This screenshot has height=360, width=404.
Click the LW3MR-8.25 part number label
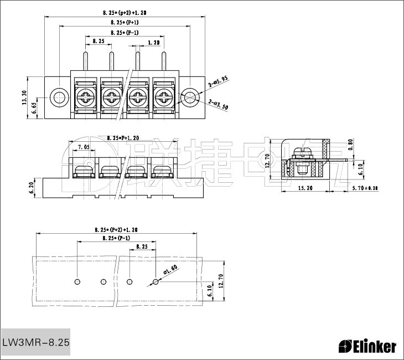[x=36, y=342]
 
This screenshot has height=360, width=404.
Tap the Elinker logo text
[x=367, y=347]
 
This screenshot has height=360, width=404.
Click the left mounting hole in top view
[x=58, y=98]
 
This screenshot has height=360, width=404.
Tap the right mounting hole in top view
[x=189, y=98]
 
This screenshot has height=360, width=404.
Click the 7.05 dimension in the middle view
[x=84, y=147]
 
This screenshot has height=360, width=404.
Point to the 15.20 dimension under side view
[x=305, y=188]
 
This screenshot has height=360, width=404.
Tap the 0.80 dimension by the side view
[x=350, y=145]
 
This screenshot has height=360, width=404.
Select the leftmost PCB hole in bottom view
[x=77, y=281]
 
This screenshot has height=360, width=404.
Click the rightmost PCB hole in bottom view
[x=156, y=281]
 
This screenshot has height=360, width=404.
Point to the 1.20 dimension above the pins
[x=154, y=42]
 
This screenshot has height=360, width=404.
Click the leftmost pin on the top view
[x=86, y=60]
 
